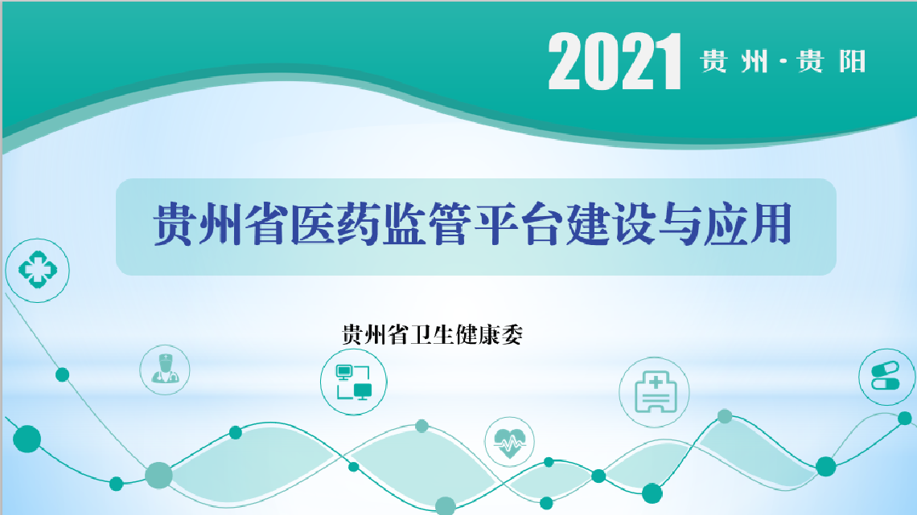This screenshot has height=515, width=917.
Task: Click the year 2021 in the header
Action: pyautogui.click(x=615, y=61)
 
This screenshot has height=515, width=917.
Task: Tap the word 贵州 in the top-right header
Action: pyautogui.click(x=734, y=61)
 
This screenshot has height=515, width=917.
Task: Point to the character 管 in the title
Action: pyautogui.click(x=450, y=224)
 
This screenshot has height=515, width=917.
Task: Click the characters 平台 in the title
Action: pyautogui.click(x=519, y=224)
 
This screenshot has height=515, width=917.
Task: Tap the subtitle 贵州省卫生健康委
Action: pyautogui.click(x=432, y=335)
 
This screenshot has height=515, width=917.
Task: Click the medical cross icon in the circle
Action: pyautogui.click(x=38, y=270)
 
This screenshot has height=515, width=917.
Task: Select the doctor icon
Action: pyautogui.click(x=165, y=369)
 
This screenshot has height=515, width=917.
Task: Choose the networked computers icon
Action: pyautogui.click(x=354, y=382)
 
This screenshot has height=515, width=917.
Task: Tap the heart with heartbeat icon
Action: pyautogui.click(x=509, y=443)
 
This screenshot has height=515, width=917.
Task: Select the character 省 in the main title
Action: pyautogui.click(x=267, y=224)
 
